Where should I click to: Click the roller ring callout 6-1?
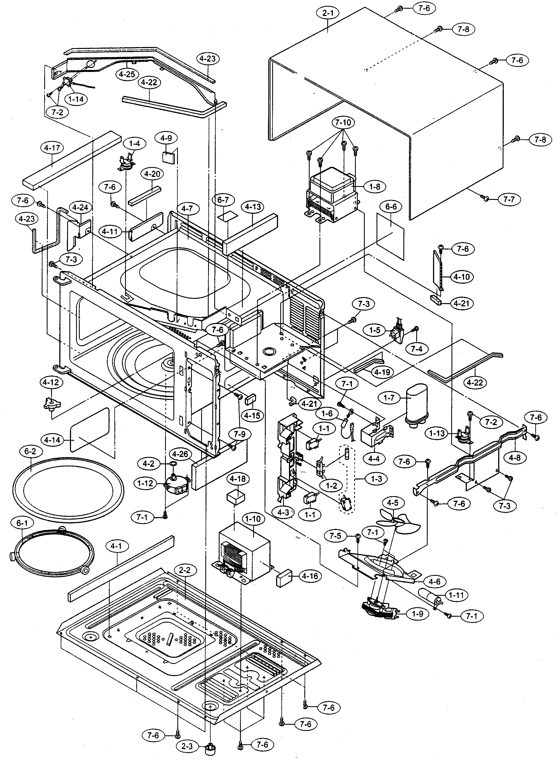point(22,532)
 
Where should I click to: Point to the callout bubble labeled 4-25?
point(127,74)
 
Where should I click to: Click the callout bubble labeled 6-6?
point(391,207)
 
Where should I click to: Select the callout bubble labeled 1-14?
point(76,99)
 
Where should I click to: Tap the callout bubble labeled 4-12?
point(51,382)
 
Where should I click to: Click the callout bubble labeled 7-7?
point(509,200)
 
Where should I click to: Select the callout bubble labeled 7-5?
point(335,536)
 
